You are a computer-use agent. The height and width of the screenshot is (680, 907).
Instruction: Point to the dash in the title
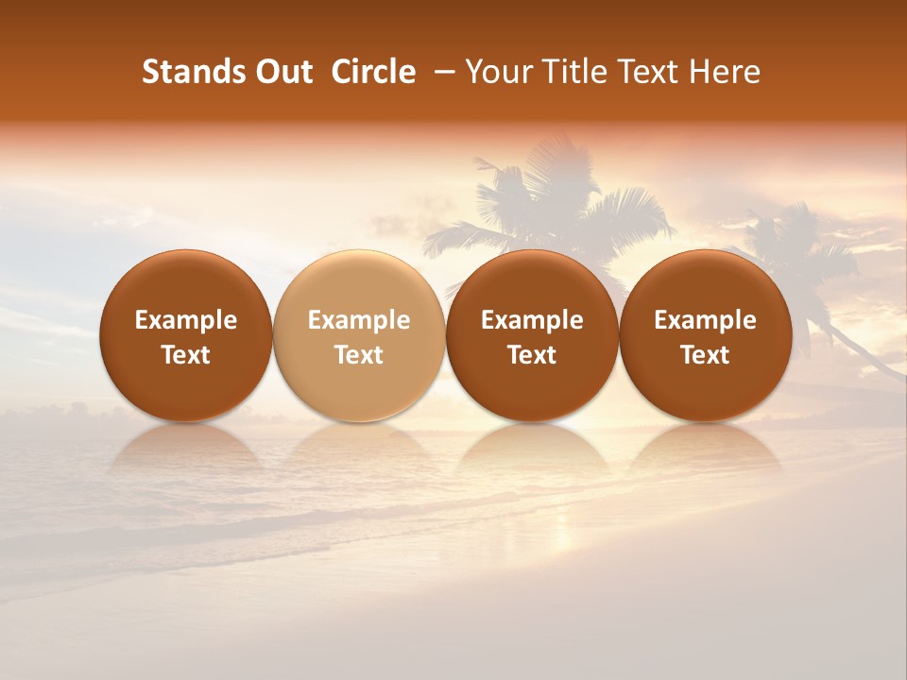440,72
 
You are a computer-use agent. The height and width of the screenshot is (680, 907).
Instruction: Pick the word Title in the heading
567,72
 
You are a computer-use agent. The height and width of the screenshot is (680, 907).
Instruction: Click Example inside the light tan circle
359,320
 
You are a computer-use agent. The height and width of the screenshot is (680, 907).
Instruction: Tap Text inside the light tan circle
359,355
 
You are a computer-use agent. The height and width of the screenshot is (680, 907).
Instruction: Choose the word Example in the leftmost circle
186,320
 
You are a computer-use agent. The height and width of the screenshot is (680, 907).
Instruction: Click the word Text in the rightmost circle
706,355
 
